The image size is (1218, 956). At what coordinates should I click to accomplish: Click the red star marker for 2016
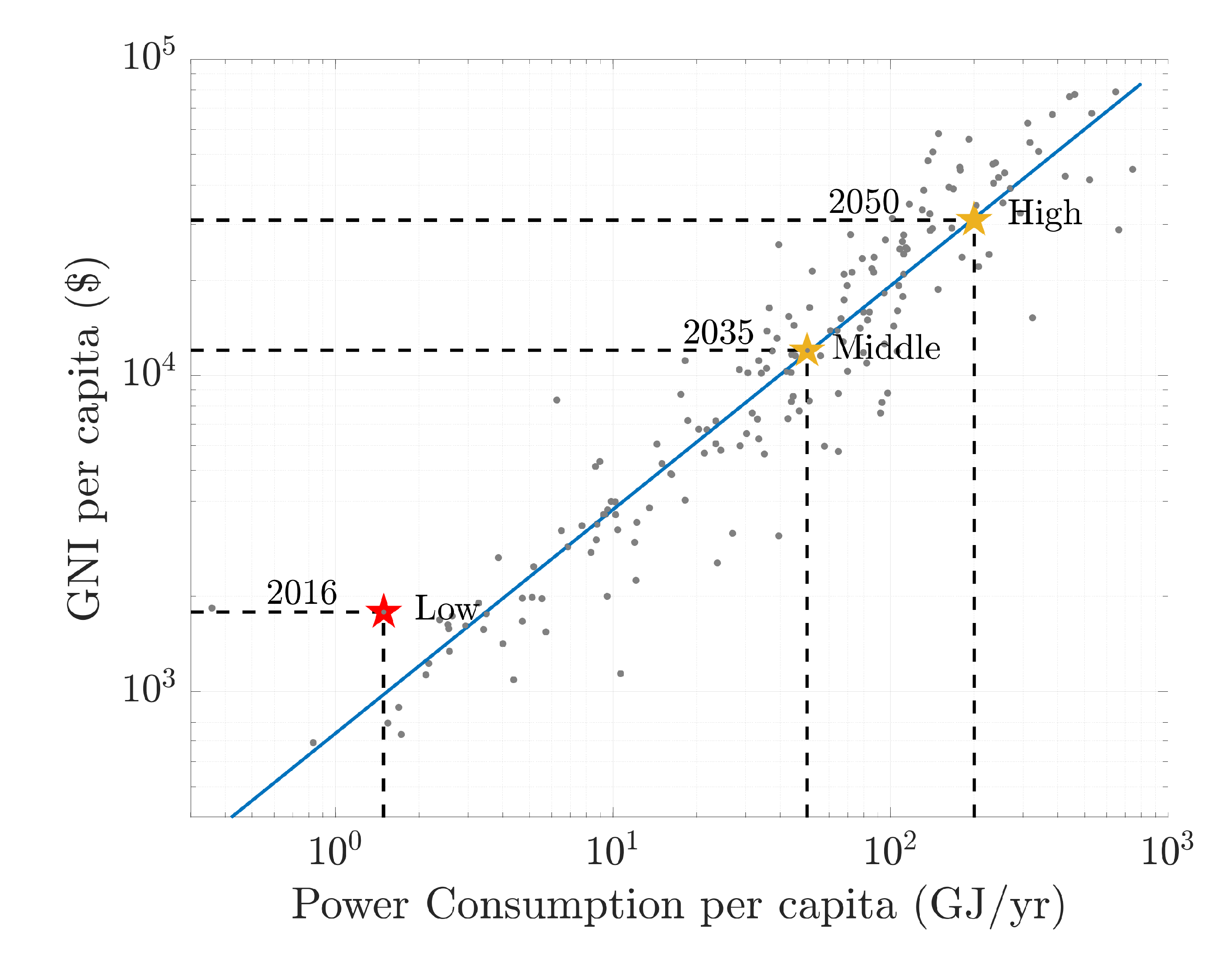(x=384, y=612)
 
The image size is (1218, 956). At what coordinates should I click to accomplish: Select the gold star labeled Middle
(x=807, y=350)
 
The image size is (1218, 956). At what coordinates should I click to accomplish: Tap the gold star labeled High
(x=974, y=220)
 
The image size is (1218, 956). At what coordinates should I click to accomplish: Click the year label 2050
(x=864, y=202)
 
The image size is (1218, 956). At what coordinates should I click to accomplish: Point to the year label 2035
(x=718, y=333)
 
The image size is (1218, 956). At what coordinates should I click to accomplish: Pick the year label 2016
(x=302, y=593)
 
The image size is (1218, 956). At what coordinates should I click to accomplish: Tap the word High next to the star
(x=1044, y=214)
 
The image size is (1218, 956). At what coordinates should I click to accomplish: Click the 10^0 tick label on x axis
(x=335, y=850)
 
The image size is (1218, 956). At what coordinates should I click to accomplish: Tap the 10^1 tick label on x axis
(x=612, y=850)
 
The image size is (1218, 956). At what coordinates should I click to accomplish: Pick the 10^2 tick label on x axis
(x=889, y=850)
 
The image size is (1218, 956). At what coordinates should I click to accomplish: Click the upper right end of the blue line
(x=1140, y=85)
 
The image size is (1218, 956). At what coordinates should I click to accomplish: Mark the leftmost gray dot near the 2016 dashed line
(x=212, y=608)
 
